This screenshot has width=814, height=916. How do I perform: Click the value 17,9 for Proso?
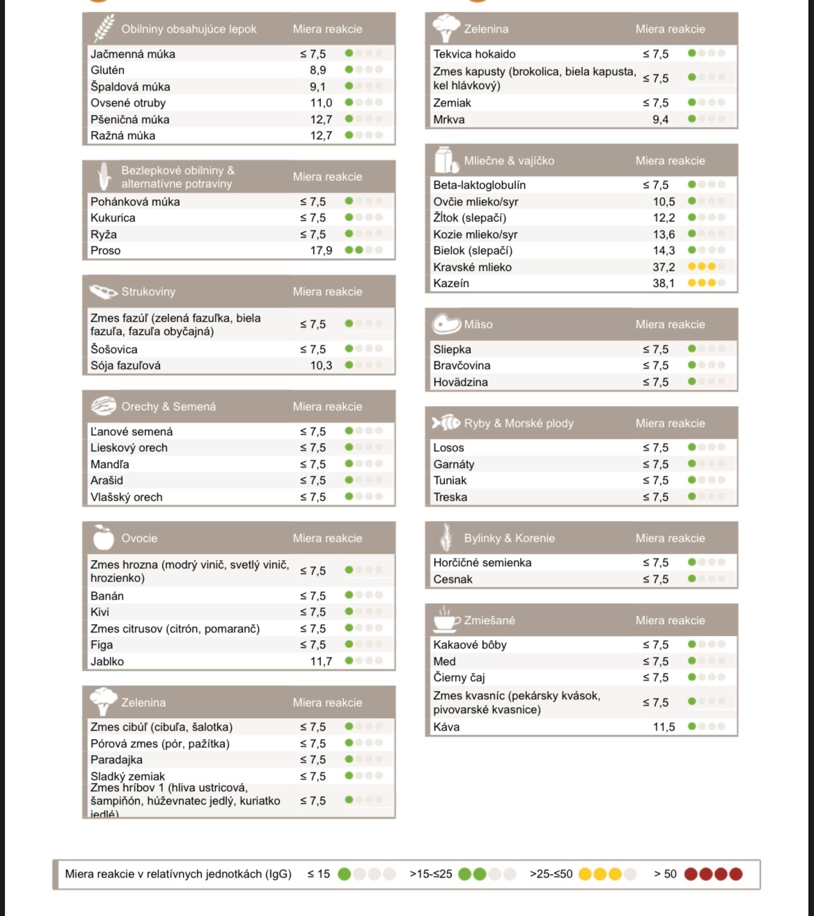tap(321, 251)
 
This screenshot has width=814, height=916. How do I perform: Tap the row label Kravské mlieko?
tap(472, 267)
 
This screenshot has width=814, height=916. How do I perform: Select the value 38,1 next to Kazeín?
tap(664, 284)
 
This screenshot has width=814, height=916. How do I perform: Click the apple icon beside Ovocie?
tap(103, 538)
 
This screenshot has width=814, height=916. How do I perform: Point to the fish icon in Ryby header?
tap(446, 423)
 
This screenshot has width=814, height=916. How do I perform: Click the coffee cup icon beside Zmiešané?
tap(446, 619)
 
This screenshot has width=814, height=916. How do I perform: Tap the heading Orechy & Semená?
tap(169, 407)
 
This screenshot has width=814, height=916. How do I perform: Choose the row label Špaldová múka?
tap(130, 87)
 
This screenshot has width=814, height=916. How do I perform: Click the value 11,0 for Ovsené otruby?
tap(321, 103)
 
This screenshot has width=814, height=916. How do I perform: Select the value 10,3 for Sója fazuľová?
tap(321, 366)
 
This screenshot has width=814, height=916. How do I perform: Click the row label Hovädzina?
tap(460, 382)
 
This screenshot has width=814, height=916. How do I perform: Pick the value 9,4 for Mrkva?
tap(660, 120)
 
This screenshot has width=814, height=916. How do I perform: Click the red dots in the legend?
tap(713, 874)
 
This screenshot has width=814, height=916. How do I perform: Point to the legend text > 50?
tap(665, 874)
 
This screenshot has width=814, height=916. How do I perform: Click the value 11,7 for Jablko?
tap(321, 662)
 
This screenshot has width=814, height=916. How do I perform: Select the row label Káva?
tap(446, 727)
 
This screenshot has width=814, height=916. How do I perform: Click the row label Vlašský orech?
tap(126, 497)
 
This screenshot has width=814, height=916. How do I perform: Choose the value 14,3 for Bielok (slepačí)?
tap(664, 251)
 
